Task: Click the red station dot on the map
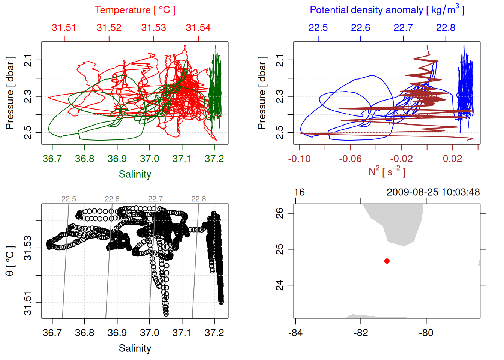[x=387, y=261]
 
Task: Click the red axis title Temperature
[x=135, y=10]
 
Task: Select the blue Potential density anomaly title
[x=387, y=10]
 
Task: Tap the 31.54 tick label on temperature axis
[x=198, y=28]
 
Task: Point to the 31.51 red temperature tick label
[x=64, y=28]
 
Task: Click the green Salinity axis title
[x=135, y=174]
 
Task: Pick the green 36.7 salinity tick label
[x=52, y=159]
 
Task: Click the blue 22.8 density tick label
[x=445, y=28]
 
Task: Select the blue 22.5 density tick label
[x=318, y=28]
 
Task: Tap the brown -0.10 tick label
[x=299, y=159]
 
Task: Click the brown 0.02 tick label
[x=452, y=159]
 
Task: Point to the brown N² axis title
[x=387, y=171]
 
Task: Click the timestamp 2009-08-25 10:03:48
[x=433, y=192]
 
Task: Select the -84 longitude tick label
[x=295, y=333]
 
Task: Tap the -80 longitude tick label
[x=426, y=333]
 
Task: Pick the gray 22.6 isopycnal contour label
[x=112, y=199]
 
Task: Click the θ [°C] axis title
[x=10, y=261]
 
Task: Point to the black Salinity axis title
[x=135, y=348]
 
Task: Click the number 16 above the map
[x=299, y=192]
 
